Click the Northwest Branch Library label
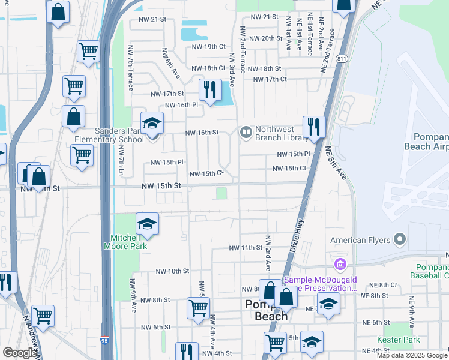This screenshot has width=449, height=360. [x=282, y=133]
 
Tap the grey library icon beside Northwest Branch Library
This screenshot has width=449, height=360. [x=246, y=132]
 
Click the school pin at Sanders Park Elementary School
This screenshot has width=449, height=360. [x=152, y=124]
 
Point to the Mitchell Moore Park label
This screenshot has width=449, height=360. [x=125, y=241]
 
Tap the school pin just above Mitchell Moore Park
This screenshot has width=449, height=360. [x=147, y=225]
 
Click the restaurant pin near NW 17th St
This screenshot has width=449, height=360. [x=210, y=91]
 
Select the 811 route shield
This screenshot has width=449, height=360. [x=342, y=59]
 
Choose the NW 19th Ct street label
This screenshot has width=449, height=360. [x=208, y=47]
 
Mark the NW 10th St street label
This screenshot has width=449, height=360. [x=172, y=271]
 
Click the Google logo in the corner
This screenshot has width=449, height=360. [x=20, y=353]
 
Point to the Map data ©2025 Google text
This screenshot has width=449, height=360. [x=412, y=355]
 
